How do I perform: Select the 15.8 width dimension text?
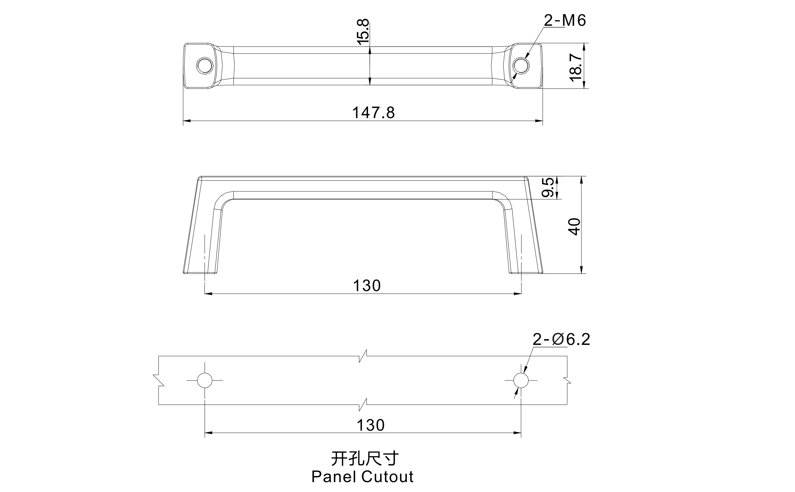363,32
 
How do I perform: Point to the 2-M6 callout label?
565,20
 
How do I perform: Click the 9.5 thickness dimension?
547,187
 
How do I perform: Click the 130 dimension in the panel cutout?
370,425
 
